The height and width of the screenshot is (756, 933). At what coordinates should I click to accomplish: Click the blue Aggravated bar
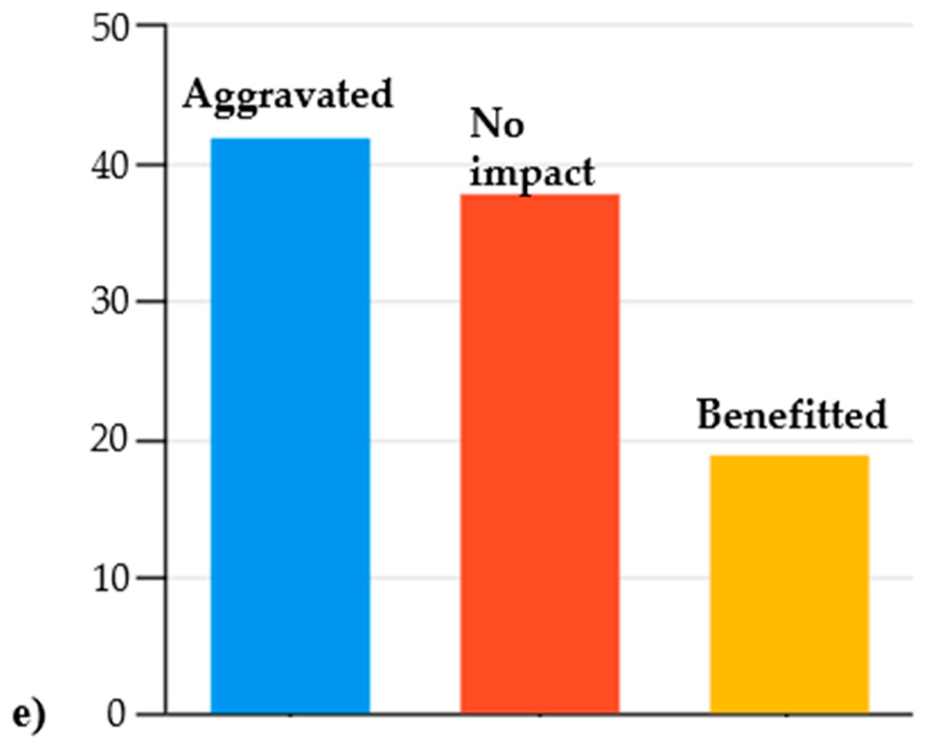pyautogui.click(x=290, y=426)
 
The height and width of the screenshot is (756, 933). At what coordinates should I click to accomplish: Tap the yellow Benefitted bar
pyautogui.click(x=789, y=584)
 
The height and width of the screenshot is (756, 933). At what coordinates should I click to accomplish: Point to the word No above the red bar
pyautogui.click(x=496, y=124)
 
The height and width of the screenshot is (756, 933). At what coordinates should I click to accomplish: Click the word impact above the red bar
pyautogui.click(x=531, y=173)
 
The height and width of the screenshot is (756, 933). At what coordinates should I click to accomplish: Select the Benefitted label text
pyautogui.click(x=792, y=415)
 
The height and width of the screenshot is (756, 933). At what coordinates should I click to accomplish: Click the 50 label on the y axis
pyautogui.click(x=110, y=28)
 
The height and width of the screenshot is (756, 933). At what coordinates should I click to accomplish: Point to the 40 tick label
pyautogui.click(x=110, y=167)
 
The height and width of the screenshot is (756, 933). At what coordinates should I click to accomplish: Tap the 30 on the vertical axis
pyautogui.click(x=110, y=303)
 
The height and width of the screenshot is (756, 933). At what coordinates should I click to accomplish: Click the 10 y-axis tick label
pyautogui.click(x=110, y=579)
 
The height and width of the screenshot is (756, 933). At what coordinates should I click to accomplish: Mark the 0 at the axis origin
pyautogui.click(x=117, y=714)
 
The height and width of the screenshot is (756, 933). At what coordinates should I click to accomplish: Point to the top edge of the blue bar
pyautogui.click(x=290, y=139)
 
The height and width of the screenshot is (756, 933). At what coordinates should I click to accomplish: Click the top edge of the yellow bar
pyautogui.click(x=789, y=456)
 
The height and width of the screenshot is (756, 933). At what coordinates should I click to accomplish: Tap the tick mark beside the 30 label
pyautogui.click(x=152, y=301)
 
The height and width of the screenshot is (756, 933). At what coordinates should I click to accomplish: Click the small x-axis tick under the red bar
pyautogui.click(x=540, y=716)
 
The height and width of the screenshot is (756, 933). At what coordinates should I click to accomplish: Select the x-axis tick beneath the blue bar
pyautogui.click(x=290, y=716)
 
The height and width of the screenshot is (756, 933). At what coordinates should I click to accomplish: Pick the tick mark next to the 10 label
pyautogui.click(x=152, y=577)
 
